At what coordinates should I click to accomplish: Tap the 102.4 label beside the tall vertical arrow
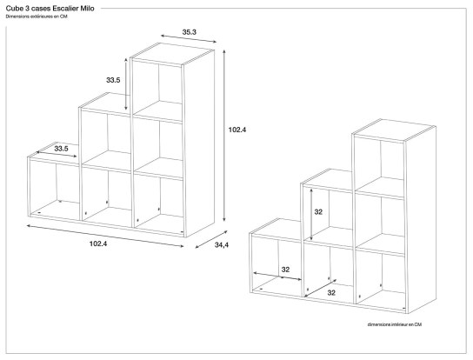237,130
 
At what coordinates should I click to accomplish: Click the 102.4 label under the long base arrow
98,244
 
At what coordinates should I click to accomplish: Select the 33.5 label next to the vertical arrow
112,80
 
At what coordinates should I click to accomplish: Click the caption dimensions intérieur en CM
394,323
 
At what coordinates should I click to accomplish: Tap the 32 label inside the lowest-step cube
284,270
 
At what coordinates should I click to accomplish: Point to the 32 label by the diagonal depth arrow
330,292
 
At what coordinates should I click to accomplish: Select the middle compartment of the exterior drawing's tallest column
160,143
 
